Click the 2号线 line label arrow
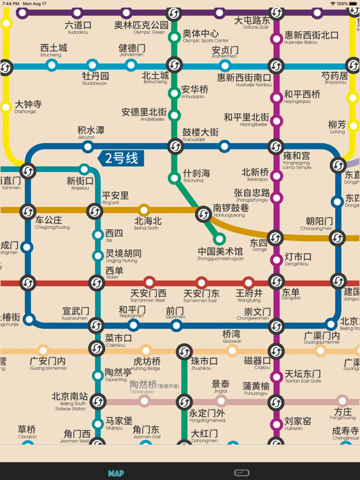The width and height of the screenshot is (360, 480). coord(121,158)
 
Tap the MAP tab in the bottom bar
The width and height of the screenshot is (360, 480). coord(116,473)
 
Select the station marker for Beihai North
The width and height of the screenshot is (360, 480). coord(144,210)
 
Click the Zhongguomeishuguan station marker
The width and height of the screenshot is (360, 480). coord(219,239)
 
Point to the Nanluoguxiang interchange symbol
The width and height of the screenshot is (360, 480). coord(203,215)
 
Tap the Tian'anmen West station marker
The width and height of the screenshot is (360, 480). coord(149,282)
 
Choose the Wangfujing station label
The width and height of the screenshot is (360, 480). coord(249,295)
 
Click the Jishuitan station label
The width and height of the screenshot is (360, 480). coord(91,133)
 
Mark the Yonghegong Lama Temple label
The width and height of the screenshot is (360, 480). coord(296,159)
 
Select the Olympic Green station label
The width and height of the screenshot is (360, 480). coord(141,27)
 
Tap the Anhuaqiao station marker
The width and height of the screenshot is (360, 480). coord(174,94)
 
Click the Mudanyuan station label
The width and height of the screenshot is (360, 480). coord(95,79)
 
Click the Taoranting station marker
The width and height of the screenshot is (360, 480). coord(97,376)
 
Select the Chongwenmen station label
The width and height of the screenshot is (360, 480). coord(256,314)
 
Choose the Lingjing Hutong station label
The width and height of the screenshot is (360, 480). coord(123,256)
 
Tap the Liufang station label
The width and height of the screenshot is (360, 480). coord(337,127)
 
